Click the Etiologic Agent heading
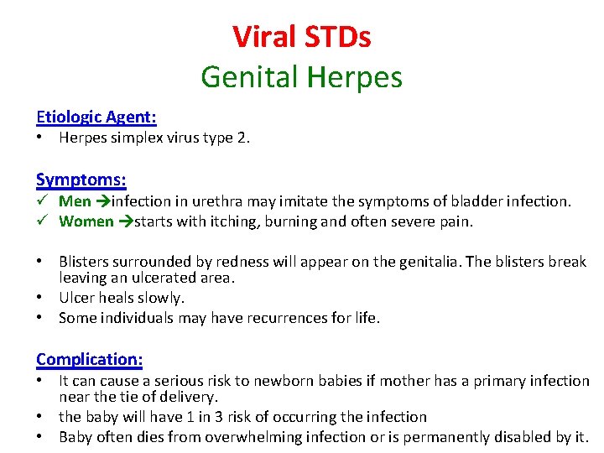pos(96,117)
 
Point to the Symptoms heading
pos(81,180)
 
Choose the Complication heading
pos(90,359)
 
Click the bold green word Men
pos(75,201)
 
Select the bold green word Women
pos(86,221)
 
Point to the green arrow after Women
pos(126,221)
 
